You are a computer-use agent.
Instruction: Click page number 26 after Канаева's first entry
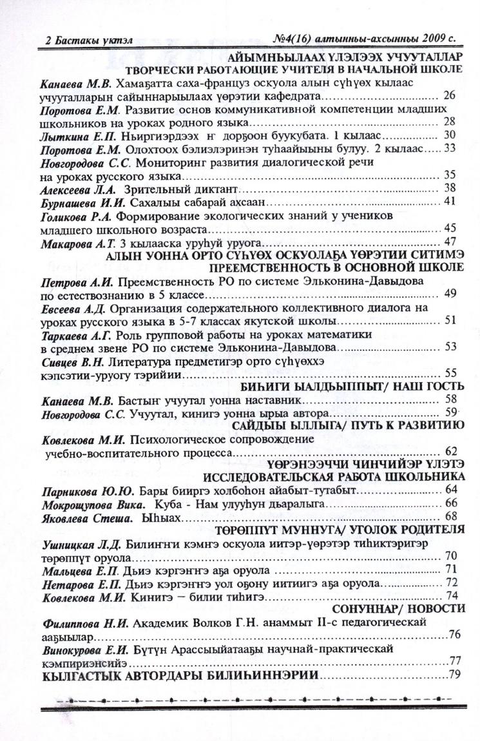point(450,96)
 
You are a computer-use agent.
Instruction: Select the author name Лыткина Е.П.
point(67,135)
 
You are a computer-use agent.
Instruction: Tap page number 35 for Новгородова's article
point(450,175)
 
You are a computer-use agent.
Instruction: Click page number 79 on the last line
point(455,675)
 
